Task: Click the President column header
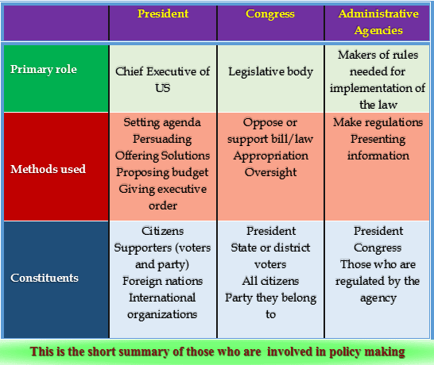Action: [162, 13]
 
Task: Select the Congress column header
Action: [269, 13]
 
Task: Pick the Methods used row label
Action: [48, 168]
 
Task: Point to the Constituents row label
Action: [45, 278]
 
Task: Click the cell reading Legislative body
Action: [270, 71]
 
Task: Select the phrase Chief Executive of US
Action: [162, 79]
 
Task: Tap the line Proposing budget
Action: [162, 172]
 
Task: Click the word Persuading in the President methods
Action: [162, 139]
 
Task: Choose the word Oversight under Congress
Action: [270, 172]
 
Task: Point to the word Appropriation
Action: [270, 156]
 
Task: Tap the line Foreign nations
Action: [162, 280]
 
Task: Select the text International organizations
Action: [162, 305]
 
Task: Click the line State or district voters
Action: [270, 255]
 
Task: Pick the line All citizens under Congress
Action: [270, 281]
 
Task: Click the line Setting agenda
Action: [162, 122]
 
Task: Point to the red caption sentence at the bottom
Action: [216, 351]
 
